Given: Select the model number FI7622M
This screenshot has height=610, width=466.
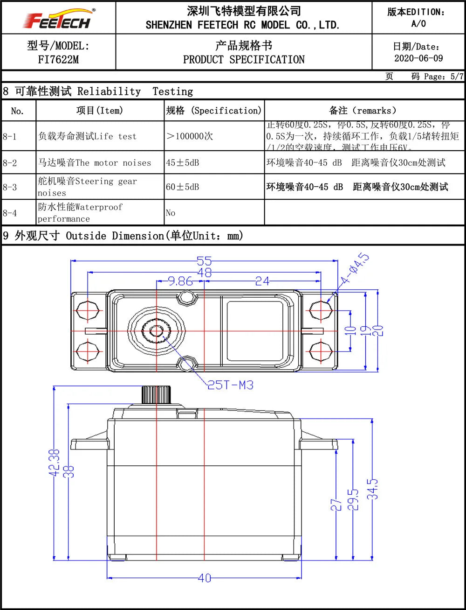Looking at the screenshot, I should (x=58, y=60).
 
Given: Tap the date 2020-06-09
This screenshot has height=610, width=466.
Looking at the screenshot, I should (x=418, y=58).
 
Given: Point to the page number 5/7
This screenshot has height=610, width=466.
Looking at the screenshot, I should (x=457, y=77).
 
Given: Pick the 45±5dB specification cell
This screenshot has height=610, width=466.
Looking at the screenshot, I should (x=183, y=163).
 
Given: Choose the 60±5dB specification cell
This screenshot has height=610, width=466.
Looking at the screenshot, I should (x=183, y=187).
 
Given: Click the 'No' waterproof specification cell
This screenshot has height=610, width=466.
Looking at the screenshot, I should (x=171, y=213).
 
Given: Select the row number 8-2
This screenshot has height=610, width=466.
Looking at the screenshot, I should (x=10, y=163).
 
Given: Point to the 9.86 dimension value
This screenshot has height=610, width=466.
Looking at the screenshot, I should (x=180, y=281).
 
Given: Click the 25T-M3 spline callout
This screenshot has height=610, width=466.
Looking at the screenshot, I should (x=231, y=385).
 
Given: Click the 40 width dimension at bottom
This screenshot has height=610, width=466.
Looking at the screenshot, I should (x=204, y=578).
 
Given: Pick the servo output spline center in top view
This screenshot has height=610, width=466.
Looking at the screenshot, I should (x=155, y=330).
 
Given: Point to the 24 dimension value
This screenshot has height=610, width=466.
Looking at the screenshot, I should (x=262, y=281).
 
